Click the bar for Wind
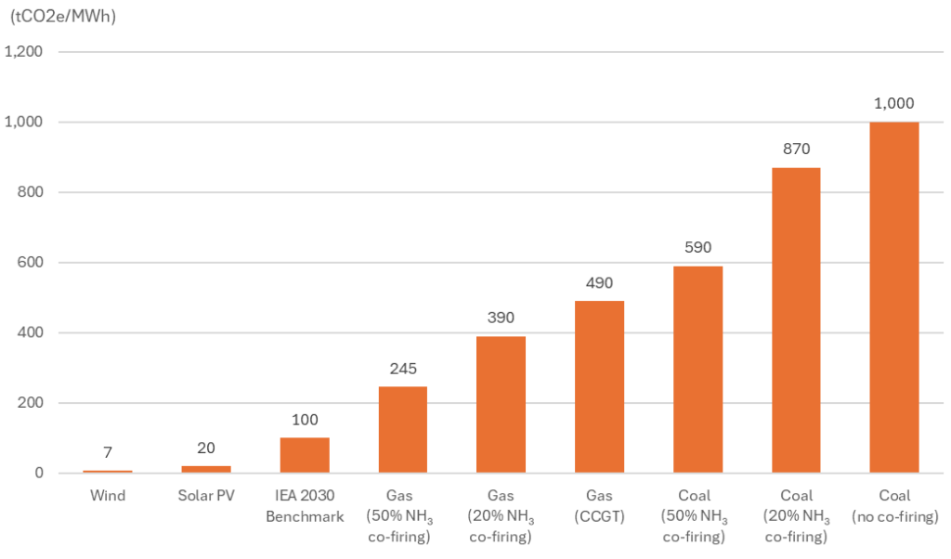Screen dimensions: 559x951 click(x=107, y=472)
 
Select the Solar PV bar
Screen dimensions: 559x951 click(x=205, y=469)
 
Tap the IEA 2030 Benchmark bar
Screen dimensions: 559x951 click(x=305, y=455)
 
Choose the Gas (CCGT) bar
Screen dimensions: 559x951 click(x=599, y=387)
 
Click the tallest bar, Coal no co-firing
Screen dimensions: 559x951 click(x=894, y=297)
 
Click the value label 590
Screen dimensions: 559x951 click(x=697, y=247)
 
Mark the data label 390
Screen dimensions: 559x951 click(x=501, y=318)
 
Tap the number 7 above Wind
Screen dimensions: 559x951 click(x=107, y=452)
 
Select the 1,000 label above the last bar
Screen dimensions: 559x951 click(x=894, y=103)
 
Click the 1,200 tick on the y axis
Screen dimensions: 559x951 click(x=24, y=52)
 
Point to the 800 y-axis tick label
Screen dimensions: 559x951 click(x=31, y=192)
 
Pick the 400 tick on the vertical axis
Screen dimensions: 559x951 click(x=31, y=332)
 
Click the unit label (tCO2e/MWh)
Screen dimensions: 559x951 click(x=62, y=16)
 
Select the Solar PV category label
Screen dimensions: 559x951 click(x=205, y=496)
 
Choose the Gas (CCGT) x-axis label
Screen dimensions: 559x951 click(x=599, y=506)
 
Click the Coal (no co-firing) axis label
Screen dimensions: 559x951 click(x=894, y=506)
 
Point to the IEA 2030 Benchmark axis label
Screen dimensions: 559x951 click(x=305, y=506)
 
